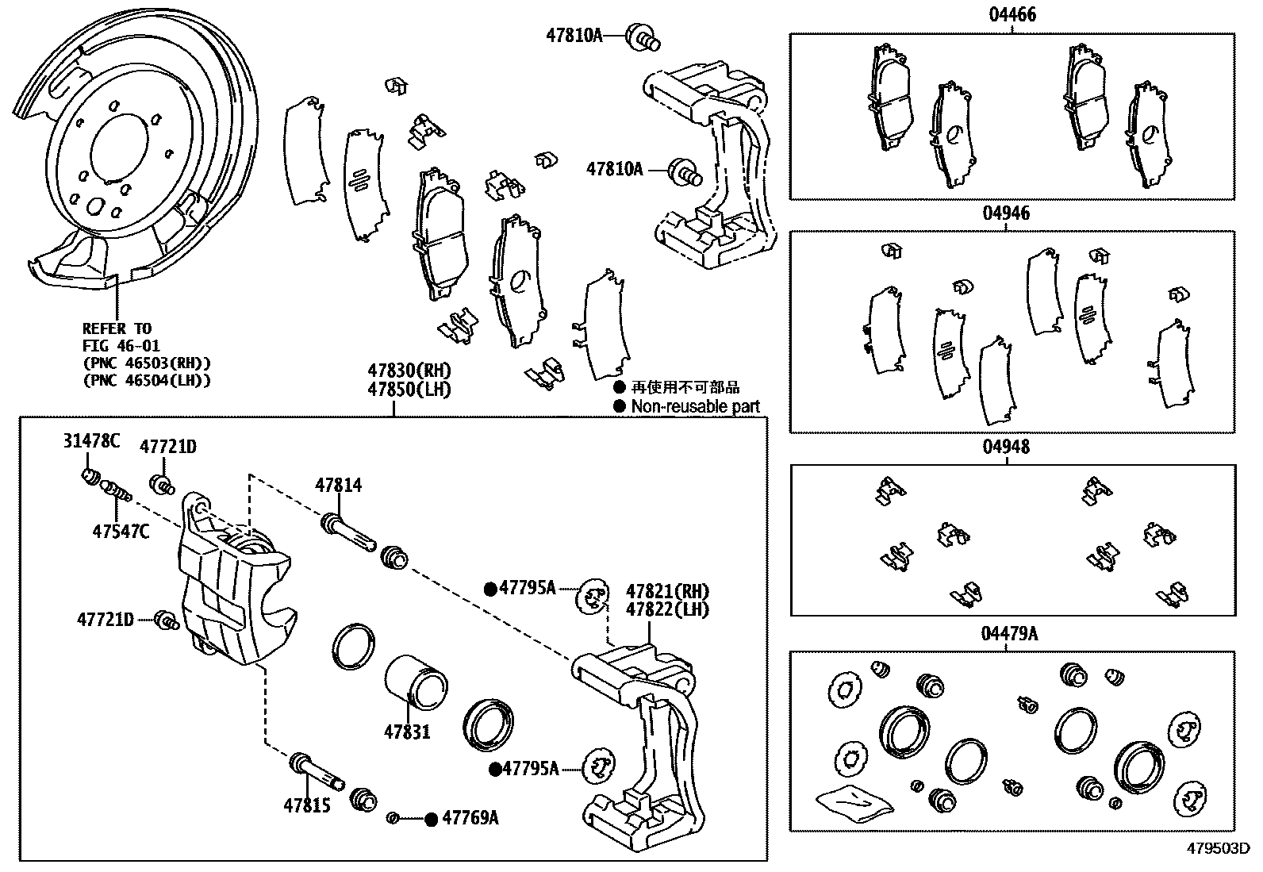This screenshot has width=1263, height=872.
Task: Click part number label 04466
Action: [1012, 14]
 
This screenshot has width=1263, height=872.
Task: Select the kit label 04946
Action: [1006, 213]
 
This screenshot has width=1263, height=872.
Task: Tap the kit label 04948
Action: [1006, 447]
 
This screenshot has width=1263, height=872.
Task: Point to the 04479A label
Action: [1008, 634]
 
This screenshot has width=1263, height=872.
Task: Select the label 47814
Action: [338, 485]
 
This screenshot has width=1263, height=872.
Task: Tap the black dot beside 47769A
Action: [431, 819]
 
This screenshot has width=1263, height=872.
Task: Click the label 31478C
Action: [91, 441]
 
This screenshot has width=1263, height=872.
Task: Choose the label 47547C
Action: [121, 531]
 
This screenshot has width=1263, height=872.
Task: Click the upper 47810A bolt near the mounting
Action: [643, 36]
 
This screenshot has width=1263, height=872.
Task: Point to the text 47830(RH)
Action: [409, 371]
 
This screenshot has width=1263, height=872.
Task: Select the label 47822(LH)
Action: [667, 609]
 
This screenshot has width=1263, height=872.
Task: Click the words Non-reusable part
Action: [695, 406]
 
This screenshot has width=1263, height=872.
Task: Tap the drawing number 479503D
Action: [1218, 847]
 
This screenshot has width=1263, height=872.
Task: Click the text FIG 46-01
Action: [121, 345]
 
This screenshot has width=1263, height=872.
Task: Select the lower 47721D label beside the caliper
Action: [105, 619]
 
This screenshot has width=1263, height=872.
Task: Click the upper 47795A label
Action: [528, 588]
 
